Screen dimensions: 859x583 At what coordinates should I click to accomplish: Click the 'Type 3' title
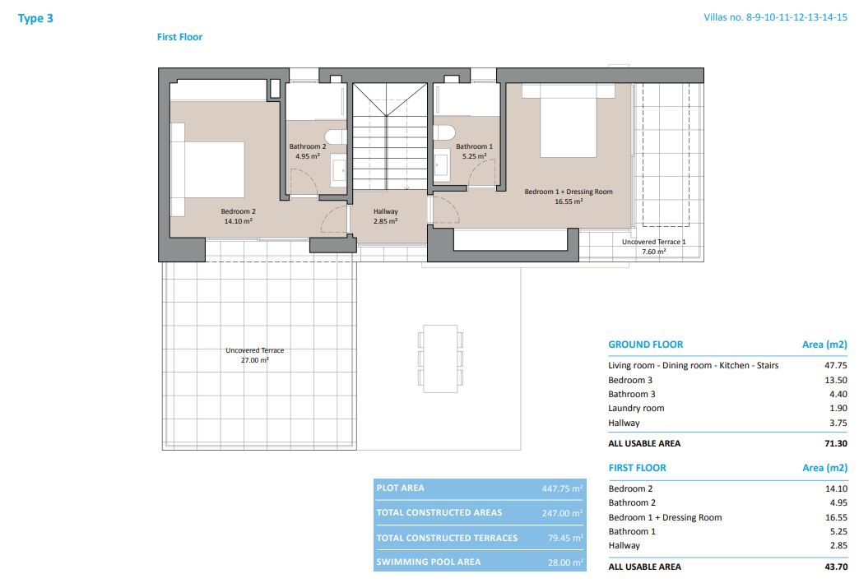coord(35,18)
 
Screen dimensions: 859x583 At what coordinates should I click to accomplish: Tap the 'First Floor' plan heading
coord(179,37)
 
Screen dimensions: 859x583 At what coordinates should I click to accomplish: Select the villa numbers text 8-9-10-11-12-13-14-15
coord(796,17)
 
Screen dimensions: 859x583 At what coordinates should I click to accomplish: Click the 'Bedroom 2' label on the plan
coord(239,211)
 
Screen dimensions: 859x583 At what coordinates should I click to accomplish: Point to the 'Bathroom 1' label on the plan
coord(475,146)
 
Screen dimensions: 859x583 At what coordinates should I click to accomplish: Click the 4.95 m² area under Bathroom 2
coord(308,156)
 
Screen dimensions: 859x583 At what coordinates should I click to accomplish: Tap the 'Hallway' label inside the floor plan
coord(386,211)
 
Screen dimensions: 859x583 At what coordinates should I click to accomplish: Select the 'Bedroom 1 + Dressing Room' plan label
coord(569,192)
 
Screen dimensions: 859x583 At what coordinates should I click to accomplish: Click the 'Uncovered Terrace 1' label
coord(653,242)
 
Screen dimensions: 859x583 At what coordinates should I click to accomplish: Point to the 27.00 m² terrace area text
coord(255,360)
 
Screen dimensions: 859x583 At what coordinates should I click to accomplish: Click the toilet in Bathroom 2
coord(335,136)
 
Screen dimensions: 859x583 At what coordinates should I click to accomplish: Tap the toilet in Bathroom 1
coord(444,133)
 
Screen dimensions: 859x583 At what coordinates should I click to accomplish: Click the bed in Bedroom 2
coord(207,169)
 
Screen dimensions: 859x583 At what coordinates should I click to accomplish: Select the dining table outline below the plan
coord(440,359)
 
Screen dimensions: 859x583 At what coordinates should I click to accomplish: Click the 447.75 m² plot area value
coord(562,488)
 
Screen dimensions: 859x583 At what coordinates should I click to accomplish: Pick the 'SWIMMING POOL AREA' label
coord(429,562)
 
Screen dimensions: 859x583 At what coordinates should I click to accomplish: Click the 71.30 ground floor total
coord(836,443)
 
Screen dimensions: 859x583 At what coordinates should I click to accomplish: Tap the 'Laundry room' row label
coord(636,408)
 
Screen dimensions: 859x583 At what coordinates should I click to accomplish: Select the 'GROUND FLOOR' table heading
coord(646,345)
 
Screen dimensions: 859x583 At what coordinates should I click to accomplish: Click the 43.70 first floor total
coord(836,567)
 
